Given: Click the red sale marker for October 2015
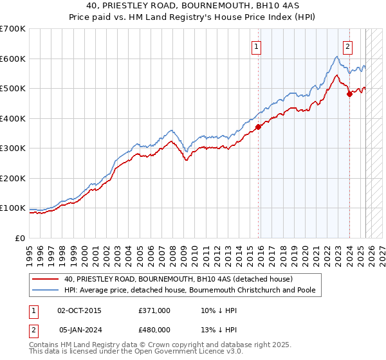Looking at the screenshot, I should pos(259,127).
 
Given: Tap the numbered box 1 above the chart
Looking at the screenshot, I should pos(256,46).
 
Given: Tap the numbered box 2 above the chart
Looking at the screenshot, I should pos(347,46).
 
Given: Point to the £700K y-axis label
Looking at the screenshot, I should pos(13,29).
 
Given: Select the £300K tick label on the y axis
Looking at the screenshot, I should pos(13,148).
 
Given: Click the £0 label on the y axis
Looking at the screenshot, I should pos(21,238).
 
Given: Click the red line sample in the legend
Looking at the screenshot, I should pos(45,279).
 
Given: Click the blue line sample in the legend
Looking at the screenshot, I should pos(45,290).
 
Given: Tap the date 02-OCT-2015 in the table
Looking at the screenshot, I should pos(79,310).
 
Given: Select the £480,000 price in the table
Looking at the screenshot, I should pos(154,330).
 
